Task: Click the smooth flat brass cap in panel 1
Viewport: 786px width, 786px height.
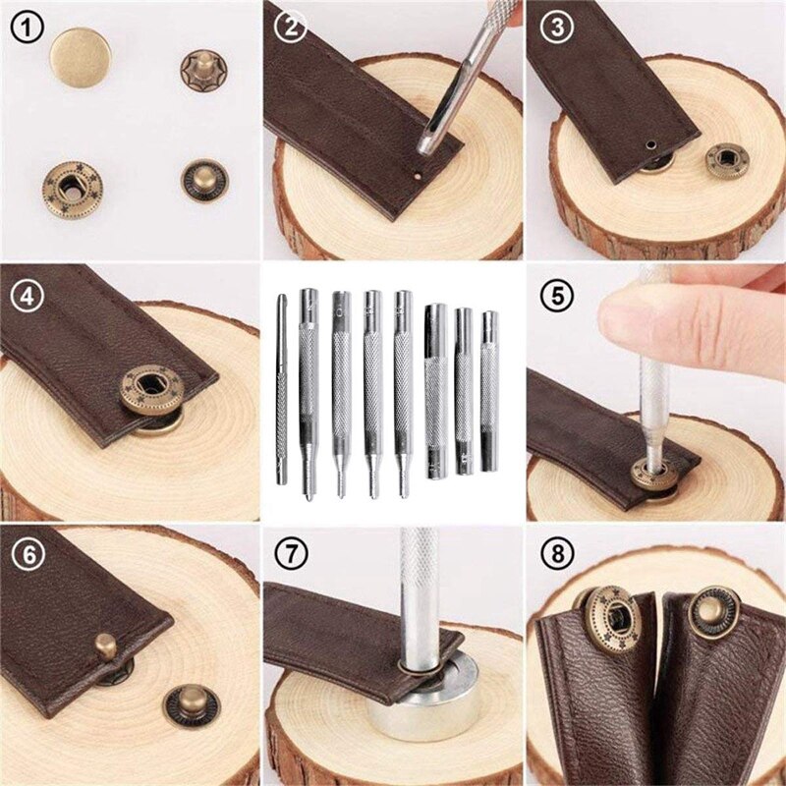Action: coord(80,57)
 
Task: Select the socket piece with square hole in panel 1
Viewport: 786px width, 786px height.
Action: coord(72,184)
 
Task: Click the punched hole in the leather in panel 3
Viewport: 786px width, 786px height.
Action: coord(648,146)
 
